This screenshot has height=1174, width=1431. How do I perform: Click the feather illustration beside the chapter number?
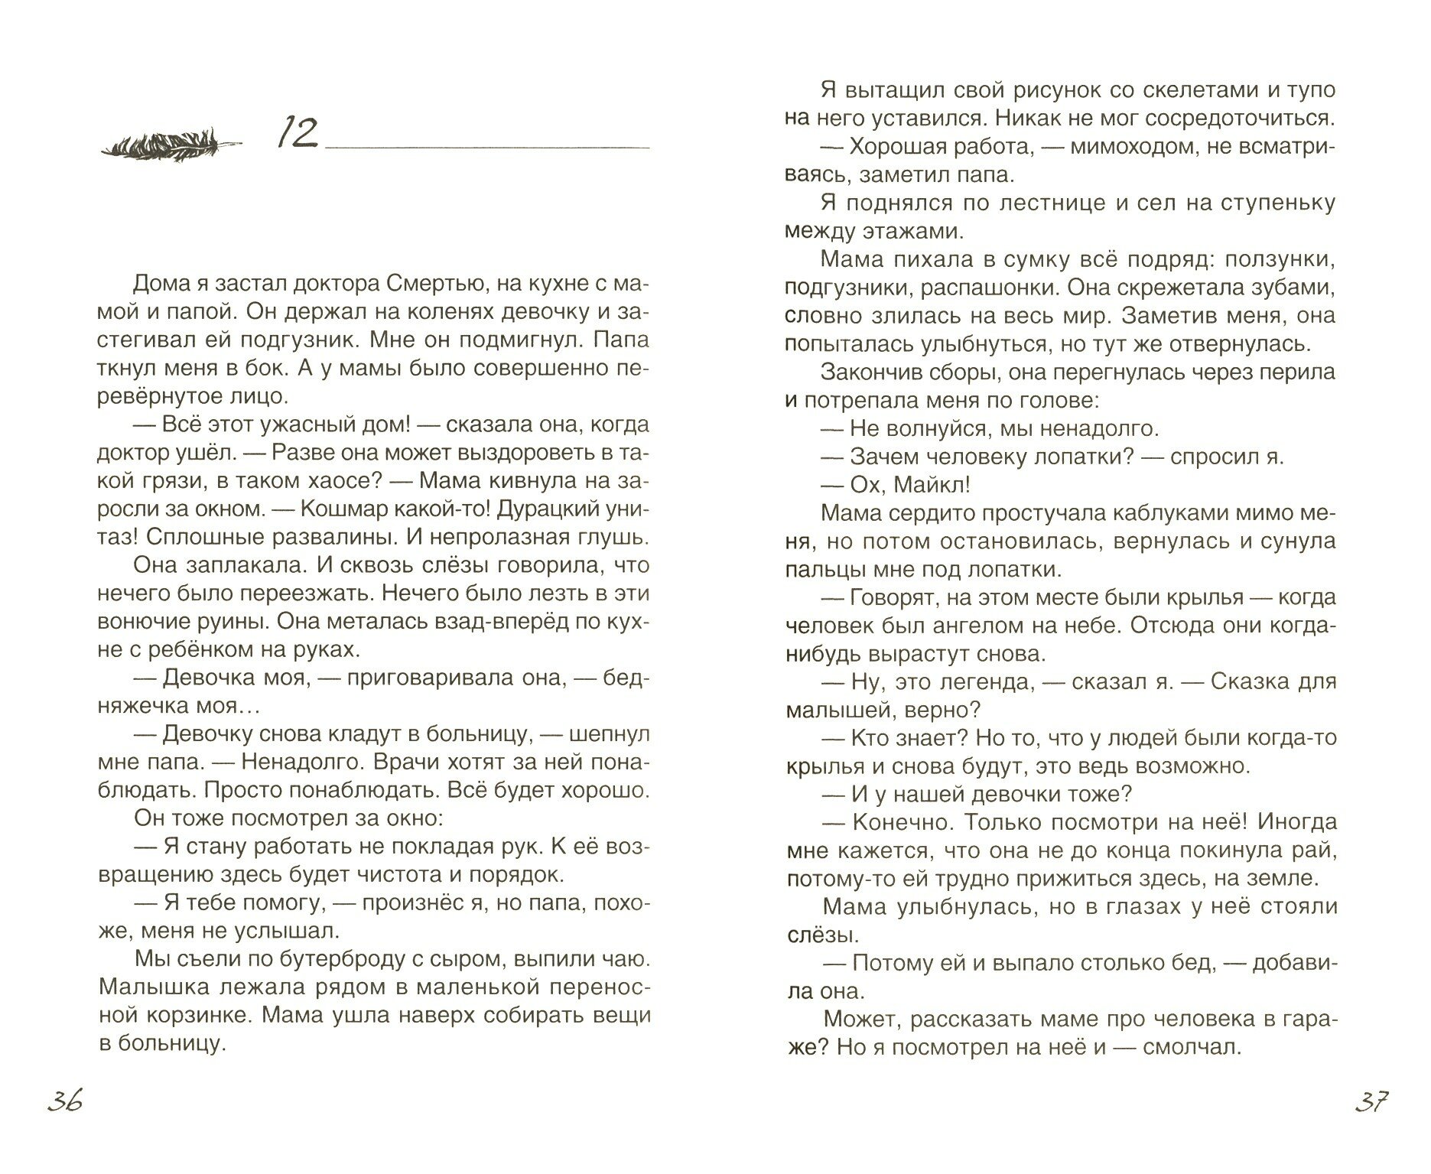[171, 143]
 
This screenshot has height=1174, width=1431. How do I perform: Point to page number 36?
[64, 1102]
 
